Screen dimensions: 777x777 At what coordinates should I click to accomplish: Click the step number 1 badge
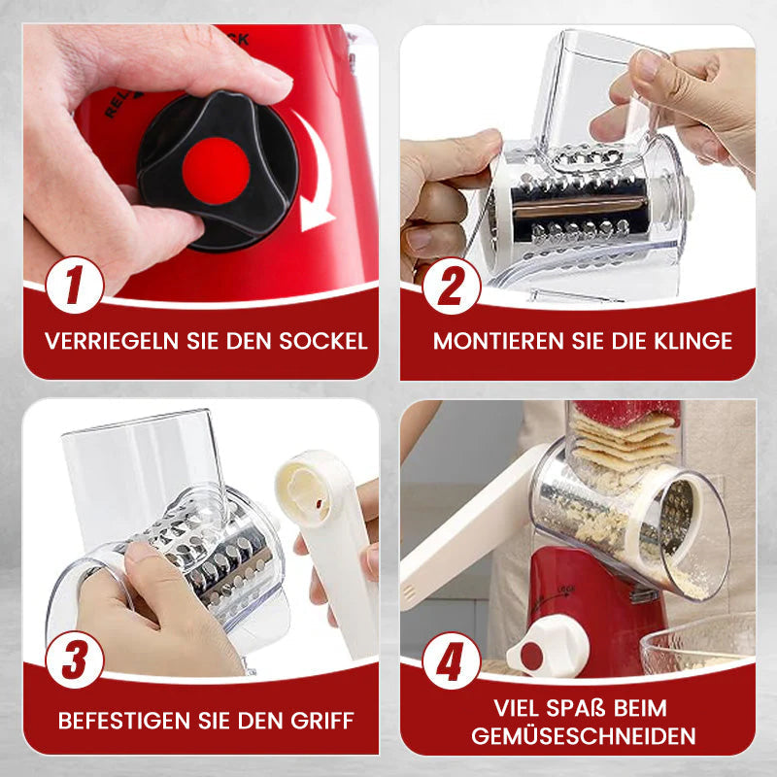coord(75,285)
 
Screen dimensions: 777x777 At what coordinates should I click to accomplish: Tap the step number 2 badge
coord(452,286)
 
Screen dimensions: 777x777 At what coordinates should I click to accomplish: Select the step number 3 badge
coord(75,660)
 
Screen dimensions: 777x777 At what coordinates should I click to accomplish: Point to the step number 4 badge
coord(452,661)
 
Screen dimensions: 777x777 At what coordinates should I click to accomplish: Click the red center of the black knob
coord(216,171)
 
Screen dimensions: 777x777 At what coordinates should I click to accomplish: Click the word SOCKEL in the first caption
coord(323,341)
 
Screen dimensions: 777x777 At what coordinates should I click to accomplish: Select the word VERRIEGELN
coord(112,341)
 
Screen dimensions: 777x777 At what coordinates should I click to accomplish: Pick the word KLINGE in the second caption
coord(693,341)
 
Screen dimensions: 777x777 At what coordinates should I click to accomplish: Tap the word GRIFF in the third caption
coord(322,721)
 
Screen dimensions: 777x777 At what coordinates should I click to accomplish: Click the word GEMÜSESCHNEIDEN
coord(584,736)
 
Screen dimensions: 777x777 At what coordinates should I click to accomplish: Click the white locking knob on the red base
coord(547,647)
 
